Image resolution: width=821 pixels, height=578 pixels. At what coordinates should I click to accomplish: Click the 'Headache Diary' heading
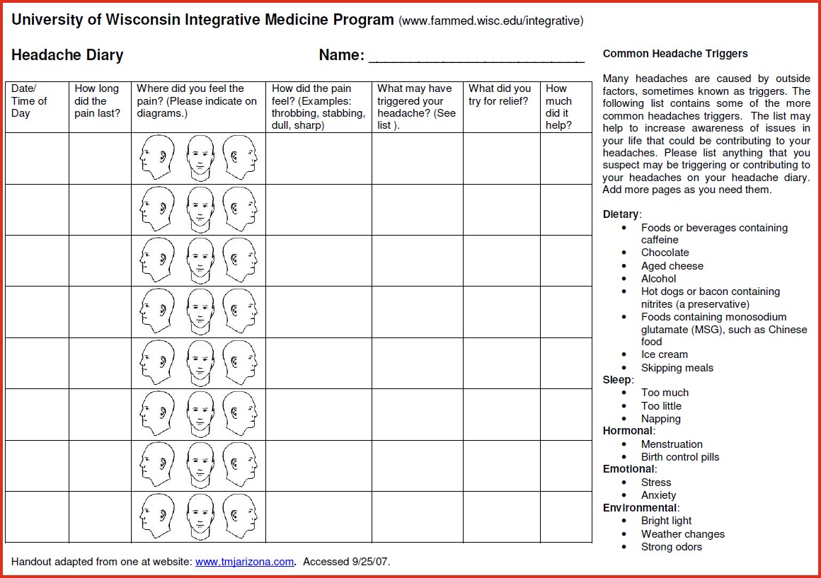[68, 55]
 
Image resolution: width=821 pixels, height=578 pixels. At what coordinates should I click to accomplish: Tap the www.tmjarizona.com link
[244, 562]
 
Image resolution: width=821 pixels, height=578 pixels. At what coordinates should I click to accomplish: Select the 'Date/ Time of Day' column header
[30, 100]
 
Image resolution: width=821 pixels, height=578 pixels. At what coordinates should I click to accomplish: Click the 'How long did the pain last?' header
[98, 100]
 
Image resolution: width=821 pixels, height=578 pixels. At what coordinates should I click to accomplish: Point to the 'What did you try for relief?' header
[500, 95]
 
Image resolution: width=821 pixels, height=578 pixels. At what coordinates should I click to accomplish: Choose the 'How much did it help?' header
[558, 107]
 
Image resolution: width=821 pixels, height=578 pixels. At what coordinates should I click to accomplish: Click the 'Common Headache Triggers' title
[675, 54]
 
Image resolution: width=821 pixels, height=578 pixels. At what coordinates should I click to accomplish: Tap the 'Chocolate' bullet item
[665, 253]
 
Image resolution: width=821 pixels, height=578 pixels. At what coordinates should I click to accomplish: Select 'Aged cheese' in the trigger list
[672, 266]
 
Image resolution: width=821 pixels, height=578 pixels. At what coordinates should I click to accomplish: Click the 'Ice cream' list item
[664, 354]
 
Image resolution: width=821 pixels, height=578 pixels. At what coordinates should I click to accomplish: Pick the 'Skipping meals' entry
[677, 368]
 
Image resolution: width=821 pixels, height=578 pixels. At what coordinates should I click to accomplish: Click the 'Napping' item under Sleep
[660, 419]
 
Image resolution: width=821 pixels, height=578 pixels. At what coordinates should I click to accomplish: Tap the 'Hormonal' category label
[628, 431]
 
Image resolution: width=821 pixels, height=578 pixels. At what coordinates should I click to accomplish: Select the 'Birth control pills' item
[679, 457]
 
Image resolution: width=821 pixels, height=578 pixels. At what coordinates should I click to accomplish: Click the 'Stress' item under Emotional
[656, 482]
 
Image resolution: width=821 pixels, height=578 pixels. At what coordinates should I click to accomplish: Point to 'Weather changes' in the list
[682, 534]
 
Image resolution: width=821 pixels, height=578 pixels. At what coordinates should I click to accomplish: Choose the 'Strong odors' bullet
[671, 547]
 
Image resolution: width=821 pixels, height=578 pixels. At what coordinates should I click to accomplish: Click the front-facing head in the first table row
[200, 157]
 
